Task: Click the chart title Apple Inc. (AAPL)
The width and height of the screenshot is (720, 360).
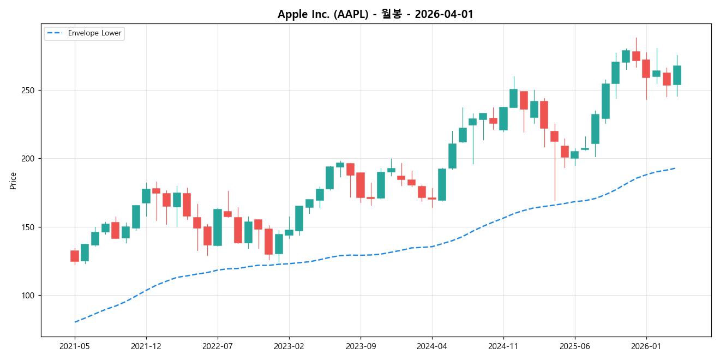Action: tap(375, 14)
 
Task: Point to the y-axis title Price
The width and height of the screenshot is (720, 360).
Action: tap(13, 181)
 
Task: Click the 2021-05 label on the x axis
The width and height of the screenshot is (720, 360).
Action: tap(75, 346)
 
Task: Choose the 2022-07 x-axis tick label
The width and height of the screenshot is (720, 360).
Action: tap(218, 346)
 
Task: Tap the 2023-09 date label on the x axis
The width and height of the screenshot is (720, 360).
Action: tap(361, 346)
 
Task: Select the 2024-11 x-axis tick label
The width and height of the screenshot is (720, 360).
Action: tap(503, 346)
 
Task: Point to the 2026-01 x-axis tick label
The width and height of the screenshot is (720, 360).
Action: tap(646, 346)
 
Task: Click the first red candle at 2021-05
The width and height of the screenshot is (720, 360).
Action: tap(75, 256)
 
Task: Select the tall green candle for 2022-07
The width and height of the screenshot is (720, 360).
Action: tap(218, 227)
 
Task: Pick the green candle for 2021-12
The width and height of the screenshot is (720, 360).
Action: tap(146, 196)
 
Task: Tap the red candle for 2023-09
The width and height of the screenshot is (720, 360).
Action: tap(361, 185)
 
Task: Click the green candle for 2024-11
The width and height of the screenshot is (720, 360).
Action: tap(503, 118)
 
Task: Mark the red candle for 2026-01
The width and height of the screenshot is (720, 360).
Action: tap(646, 69)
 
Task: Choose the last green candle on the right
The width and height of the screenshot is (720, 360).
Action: tap(677, 75)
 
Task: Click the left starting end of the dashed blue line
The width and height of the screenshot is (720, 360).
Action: tap(75, 322)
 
